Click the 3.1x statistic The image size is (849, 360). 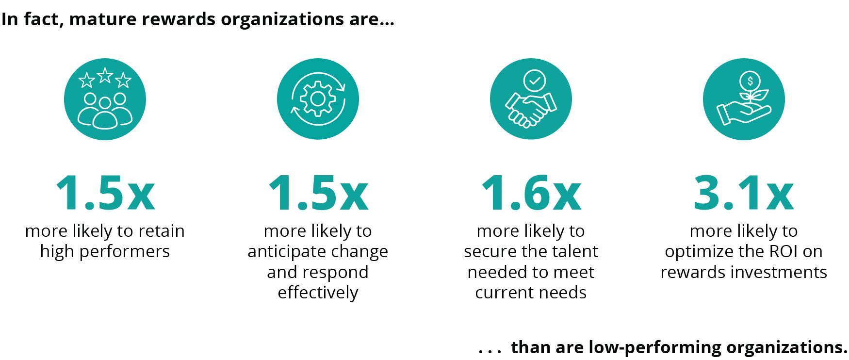tap(743, 194)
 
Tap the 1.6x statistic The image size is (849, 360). tap(531, 194)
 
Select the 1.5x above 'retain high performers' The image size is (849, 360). tap(105, 194)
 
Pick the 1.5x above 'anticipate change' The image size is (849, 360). tap(318, 194)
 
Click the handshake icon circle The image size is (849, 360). tap(531, 99)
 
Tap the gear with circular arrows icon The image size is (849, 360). tap(318, 99)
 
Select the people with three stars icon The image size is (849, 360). tap(105, 99)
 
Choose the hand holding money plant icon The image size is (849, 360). tap(743, 99)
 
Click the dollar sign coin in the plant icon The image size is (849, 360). tap(750, 81)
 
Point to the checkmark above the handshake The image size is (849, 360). tap(534, 81)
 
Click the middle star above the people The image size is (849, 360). tap(105, 75)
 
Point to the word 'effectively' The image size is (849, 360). tap(318, 293)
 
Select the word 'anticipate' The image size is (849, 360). tap(286, 251)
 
